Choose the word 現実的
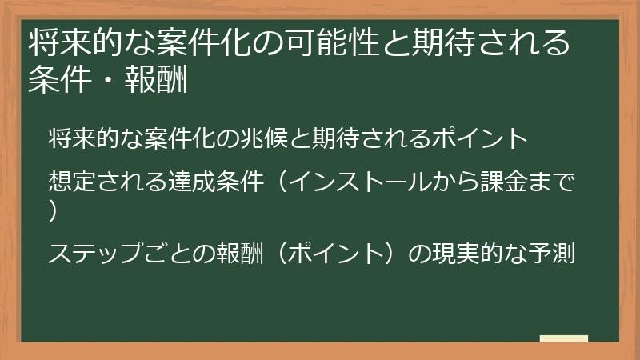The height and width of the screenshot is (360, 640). click(x=457, y=254)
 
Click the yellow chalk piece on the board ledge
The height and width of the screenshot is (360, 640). click(x=563, y=338)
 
